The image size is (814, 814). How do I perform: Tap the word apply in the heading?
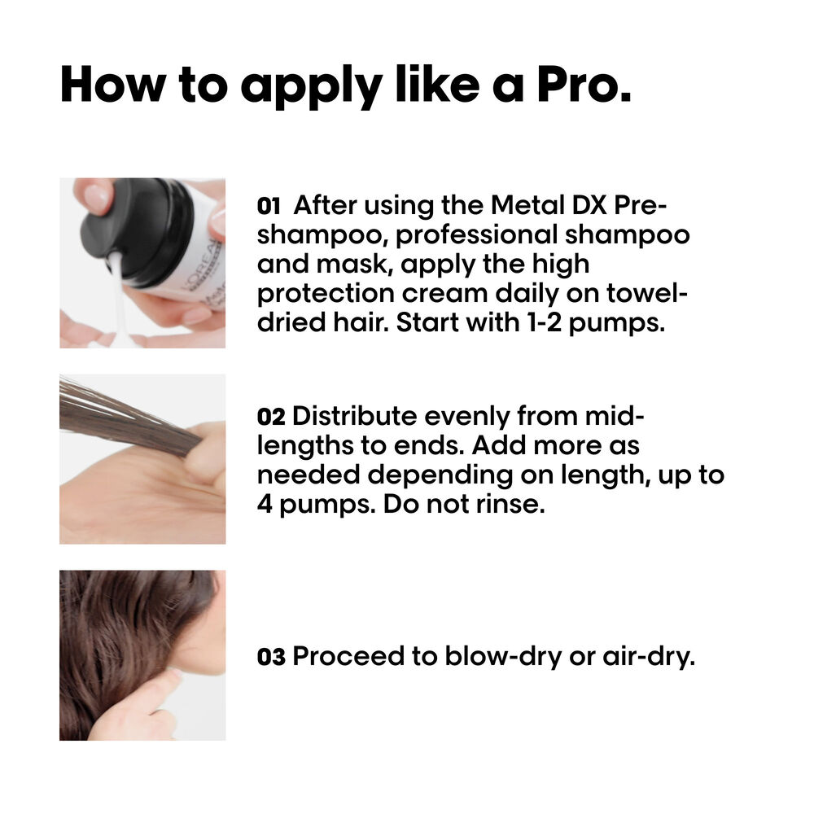pyautogui.click(x=312, y=87)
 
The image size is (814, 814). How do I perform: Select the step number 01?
pyautogui.click(x=269, y=207)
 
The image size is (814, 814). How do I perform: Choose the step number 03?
pyautogui.click(x=271, y=657)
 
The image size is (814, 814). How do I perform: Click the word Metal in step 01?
pyautogui.click(x=527, y=205)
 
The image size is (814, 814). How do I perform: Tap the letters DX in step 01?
pyautogui.click(x=589, y=205)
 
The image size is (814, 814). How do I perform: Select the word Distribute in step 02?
pyautogui.click(x=355, y=416)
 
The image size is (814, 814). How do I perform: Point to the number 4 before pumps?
pyautogui.click(x=265, y=504)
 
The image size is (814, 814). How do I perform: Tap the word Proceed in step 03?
pyautogui.click(x=348, y=656)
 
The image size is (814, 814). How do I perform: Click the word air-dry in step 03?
pyautogui.click(x=649, y=658)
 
